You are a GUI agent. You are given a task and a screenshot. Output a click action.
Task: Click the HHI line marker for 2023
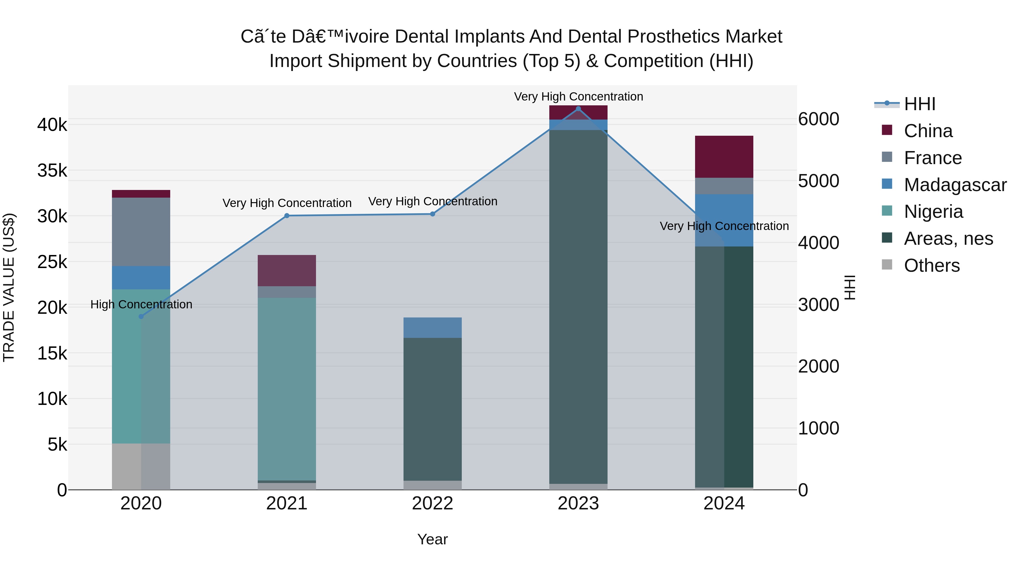point(578,109)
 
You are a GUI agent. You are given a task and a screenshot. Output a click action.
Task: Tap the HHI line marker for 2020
point(141,316)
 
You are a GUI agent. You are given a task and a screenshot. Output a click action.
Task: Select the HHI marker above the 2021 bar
point(287,216)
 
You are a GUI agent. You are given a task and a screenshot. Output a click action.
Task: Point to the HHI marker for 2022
point(433,214)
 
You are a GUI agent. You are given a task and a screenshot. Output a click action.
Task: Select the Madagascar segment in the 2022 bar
point(433,327)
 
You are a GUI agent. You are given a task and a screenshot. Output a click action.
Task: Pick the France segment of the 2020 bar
point(141,232)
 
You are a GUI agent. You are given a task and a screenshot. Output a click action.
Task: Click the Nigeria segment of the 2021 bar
point(287,389)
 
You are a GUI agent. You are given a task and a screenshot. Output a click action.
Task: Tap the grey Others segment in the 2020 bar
point(141,466)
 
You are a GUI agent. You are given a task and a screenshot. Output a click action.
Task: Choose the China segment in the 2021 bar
point(287,270)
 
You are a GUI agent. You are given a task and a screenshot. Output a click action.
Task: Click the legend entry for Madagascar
point(955,185)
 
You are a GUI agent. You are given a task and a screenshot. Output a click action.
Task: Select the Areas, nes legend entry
point(948,239)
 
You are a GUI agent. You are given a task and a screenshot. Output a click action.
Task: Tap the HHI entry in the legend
point(919,104)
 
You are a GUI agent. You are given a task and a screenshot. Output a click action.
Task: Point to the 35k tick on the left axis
point(52,171)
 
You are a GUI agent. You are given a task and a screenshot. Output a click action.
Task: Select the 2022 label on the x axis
point(433,503)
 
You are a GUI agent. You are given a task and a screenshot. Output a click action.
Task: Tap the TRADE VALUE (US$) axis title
point(9,287)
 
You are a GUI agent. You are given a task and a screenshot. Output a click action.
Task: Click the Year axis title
point(433,539)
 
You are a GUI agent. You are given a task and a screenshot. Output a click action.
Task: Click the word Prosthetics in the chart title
point(673,37)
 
